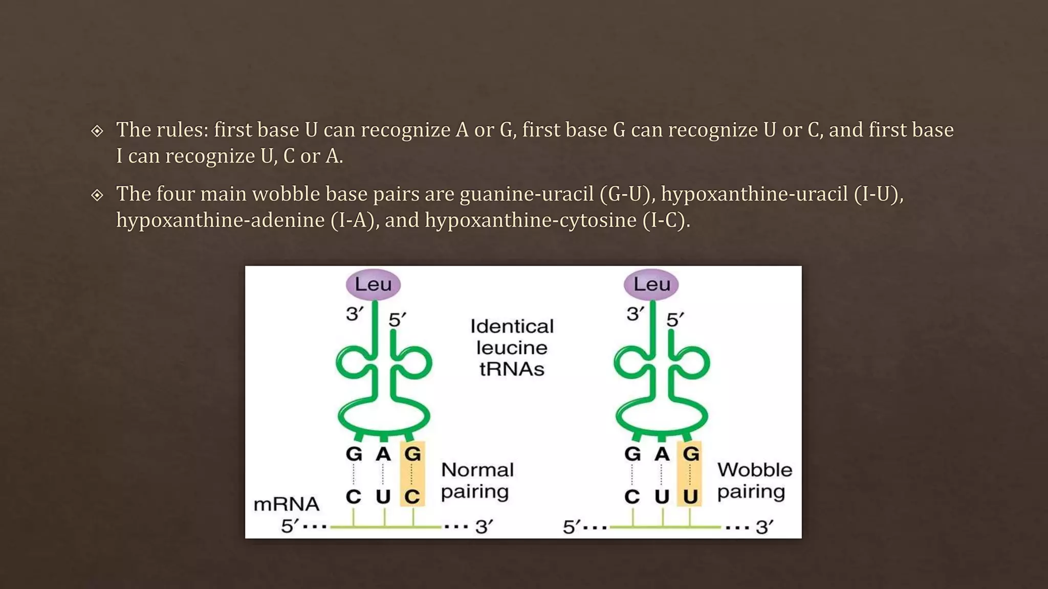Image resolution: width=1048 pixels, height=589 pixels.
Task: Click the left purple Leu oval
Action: point(373,284)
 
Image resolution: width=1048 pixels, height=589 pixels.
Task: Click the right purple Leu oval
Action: point(651,284)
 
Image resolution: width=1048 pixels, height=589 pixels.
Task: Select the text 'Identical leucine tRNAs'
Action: point(512,348)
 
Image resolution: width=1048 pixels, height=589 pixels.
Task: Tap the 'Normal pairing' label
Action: point(477,481)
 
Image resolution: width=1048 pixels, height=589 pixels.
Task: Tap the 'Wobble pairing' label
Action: point(754,481)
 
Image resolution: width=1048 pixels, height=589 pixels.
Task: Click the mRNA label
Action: point(286,504)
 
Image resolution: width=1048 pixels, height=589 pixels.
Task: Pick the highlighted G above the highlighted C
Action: point(412,454)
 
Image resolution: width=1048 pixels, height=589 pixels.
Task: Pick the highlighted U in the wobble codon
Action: point(690,496)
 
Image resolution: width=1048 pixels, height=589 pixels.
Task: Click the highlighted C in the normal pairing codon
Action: point(412,496)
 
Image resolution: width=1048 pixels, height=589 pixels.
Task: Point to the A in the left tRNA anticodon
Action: point(383,454)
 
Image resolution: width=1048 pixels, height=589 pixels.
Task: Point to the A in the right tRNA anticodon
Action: point(662,454)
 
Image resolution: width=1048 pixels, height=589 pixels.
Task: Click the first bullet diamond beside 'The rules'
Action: point(97,131)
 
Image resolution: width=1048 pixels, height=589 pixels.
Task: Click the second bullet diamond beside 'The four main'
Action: point(97,195)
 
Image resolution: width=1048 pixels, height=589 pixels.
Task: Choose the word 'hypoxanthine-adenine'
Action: point(221,220)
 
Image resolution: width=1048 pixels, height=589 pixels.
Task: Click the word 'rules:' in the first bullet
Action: point(183,130)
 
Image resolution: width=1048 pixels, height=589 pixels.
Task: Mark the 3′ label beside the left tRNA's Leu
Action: point(354,313)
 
